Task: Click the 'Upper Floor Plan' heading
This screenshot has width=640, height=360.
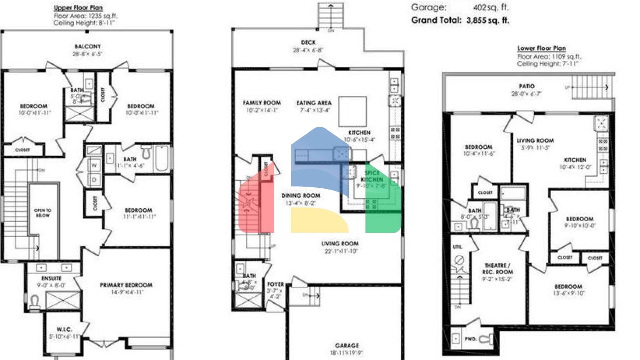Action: click(x=78, y=7)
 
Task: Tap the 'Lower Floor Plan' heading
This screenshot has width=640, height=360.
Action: click(x=541, y=48)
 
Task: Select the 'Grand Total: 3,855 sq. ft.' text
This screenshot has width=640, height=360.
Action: click(x=460, y=20)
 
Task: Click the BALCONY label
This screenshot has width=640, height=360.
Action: click(x=87, y=47)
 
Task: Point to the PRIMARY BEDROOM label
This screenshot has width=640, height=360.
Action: click(x=126, y=285)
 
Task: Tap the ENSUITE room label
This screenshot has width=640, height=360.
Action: click(x=51, y=278)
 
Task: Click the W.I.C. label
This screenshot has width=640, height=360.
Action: click(x=64, y=329)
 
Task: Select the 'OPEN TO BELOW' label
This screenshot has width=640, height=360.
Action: click(x=42, y=213)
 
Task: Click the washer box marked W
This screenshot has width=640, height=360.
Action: click(x=94, y=165)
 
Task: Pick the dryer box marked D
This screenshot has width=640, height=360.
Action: click(x=94, y=180)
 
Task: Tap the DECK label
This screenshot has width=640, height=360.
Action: click(x=308, y=42)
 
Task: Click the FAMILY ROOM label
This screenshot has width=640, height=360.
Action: click(x=262, y=102)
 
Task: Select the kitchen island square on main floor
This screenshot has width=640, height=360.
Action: click(x=352, y=111)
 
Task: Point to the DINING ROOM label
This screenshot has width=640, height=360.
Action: click(x=300, y=195)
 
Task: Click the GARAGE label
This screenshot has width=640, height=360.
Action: click(x=347, y=345)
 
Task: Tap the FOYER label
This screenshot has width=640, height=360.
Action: click(x=275, y=284)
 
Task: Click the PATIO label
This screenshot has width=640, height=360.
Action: click(x=527, y=86)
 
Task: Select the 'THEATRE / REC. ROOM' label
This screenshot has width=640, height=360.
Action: click(x=497, y=268)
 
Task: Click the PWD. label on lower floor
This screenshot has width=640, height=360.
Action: click(x=470, y=339)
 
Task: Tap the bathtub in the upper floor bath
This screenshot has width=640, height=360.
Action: click(x=162, y=158)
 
